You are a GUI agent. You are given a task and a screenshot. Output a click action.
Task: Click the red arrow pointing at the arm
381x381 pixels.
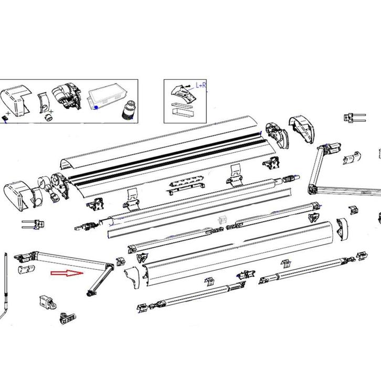pos(67,273)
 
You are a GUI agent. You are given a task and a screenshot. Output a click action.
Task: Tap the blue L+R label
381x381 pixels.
pos(200,85)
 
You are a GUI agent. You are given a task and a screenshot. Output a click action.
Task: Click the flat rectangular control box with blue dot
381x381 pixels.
pos(108,98)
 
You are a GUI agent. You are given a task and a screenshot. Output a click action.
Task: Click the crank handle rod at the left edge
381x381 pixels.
pos(5,283)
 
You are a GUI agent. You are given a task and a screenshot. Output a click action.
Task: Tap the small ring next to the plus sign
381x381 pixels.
pos(48,116)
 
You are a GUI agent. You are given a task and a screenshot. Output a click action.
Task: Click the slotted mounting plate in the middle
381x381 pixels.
pos(186,184)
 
